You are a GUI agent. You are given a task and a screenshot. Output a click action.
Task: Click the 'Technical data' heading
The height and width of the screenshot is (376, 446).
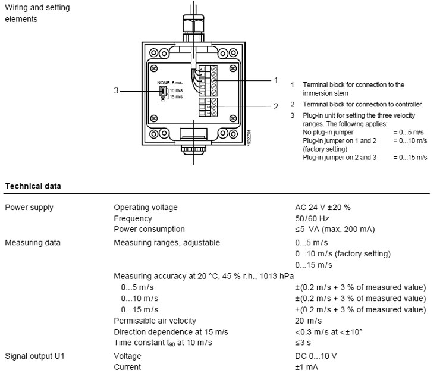[33, 186]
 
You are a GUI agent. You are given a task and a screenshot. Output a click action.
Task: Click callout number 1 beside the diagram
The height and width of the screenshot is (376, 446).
[275, 80]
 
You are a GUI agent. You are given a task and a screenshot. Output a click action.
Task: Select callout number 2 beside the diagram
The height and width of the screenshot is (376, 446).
[275, 107]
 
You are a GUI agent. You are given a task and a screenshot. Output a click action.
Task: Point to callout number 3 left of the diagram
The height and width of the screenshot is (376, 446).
[117, 91]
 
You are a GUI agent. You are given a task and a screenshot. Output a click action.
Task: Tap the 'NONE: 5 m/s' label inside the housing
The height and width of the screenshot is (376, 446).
[169, 82]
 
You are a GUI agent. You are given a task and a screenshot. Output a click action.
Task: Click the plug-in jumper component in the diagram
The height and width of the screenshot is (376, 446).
[162, 92]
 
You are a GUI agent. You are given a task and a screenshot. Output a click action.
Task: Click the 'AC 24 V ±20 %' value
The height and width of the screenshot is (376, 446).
[323, 208]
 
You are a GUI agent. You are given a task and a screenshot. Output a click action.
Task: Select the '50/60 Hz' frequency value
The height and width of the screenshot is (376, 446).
[312, 218]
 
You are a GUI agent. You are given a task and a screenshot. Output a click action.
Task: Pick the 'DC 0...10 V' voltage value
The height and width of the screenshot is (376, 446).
[317, 356]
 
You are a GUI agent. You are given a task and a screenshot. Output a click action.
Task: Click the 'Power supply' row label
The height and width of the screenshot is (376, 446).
[29, 208]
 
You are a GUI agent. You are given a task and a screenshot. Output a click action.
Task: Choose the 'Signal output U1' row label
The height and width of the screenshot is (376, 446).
[34, 356]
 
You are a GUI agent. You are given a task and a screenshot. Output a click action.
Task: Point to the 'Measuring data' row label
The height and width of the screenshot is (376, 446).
[33, 242]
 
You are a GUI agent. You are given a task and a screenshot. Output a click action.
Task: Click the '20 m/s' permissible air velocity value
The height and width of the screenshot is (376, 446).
[307, 321]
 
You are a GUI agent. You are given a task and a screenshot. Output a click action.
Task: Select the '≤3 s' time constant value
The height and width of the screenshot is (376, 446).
[303, 343]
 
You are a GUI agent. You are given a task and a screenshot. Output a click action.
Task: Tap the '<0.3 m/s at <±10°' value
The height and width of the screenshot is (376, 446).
[328, 331]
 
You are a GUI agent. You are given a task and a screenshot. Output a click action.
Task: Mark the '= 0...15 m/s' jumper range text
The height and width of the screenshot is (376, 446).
[410, 157]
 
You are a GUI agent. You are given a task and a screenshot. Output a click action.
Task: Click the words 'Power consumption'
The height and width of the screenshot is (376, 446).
[149, 229]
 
